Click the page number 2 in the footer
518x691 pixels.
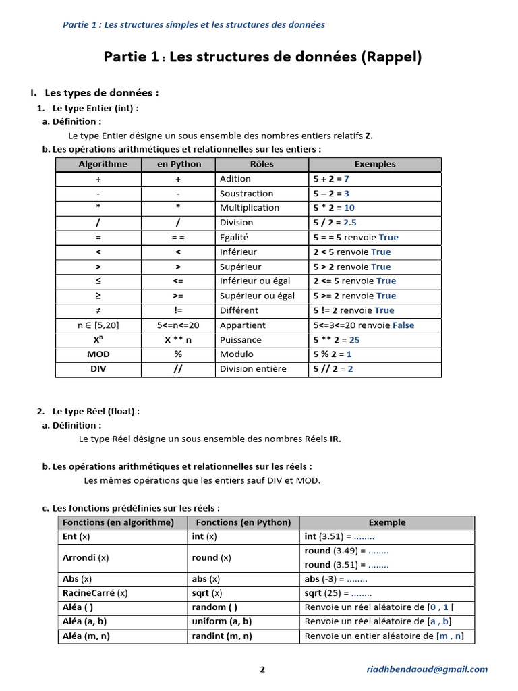click(x=262, y=669)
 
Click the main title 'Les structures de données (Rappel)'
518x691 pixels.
click(x=295, y=57)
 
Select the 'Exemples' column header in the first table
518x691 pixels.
click(x=375, y=164)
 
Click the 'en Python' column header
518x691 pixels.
click(x=179, y=164)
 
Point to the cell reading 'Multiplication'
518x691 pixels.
click(x=250, y=208)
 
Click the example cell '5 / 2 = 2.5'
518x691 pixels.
click(x=335, y=223)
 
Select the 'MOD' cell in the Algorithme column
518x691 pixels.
click(x=98, y=354)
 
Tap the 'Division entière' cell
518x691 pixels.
click(x=253, y=369)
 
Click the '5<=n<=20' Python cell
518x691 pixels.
click(x=179, y=325)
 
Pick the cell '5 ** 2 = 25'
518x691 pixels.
click(x=337, y=340)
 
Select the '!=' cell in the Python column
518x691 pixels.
click(x=179, y=310)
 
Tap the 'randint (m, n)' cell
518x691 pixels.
click(x=222, y=636)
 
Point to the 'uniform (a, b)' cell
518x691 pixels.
click(x=222, y=621)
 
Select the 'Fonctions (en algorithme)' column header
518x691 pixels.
click(x=118, y=522)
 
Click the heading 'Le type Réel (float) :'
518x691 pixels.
click(x=96, y=411)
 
